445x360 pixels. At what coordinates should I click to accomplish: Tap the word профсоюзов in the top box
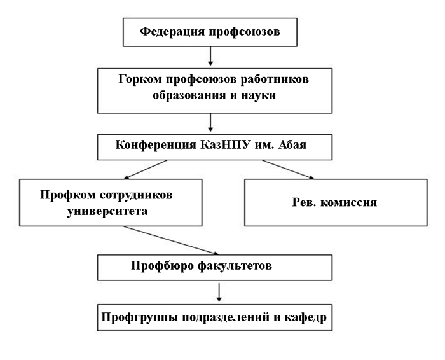tap(245, 32)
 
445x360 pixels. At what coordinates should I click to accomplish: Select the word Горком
tap(140, 80)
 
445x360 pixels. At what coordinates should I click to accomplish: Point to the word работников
tap(275, 80)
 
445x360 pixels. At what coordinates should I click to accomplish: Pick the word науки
tap(258, 95)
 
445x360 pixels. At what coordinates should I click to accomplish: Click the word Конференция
tap(156, 145)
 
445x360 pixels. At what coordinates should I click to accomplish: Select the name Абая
tap(292, 145)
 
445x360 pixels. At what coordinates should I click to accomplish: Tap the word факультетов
tap(235, 266)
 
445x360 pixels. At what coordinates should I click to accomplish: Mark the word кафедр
tap(305, 317)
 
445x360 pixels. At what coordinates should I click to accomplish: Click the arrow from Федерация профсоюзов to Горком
tap(210, 56)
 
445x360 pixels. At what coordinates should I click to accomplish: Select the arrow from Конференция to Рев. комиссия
tap(288, 169)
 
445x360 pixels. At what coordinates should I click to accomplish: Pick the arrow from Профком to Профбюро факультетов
tap(171, 240)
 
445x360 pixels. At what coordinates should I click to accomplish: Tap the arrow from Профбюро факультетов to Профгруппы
tap(219, 292)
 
